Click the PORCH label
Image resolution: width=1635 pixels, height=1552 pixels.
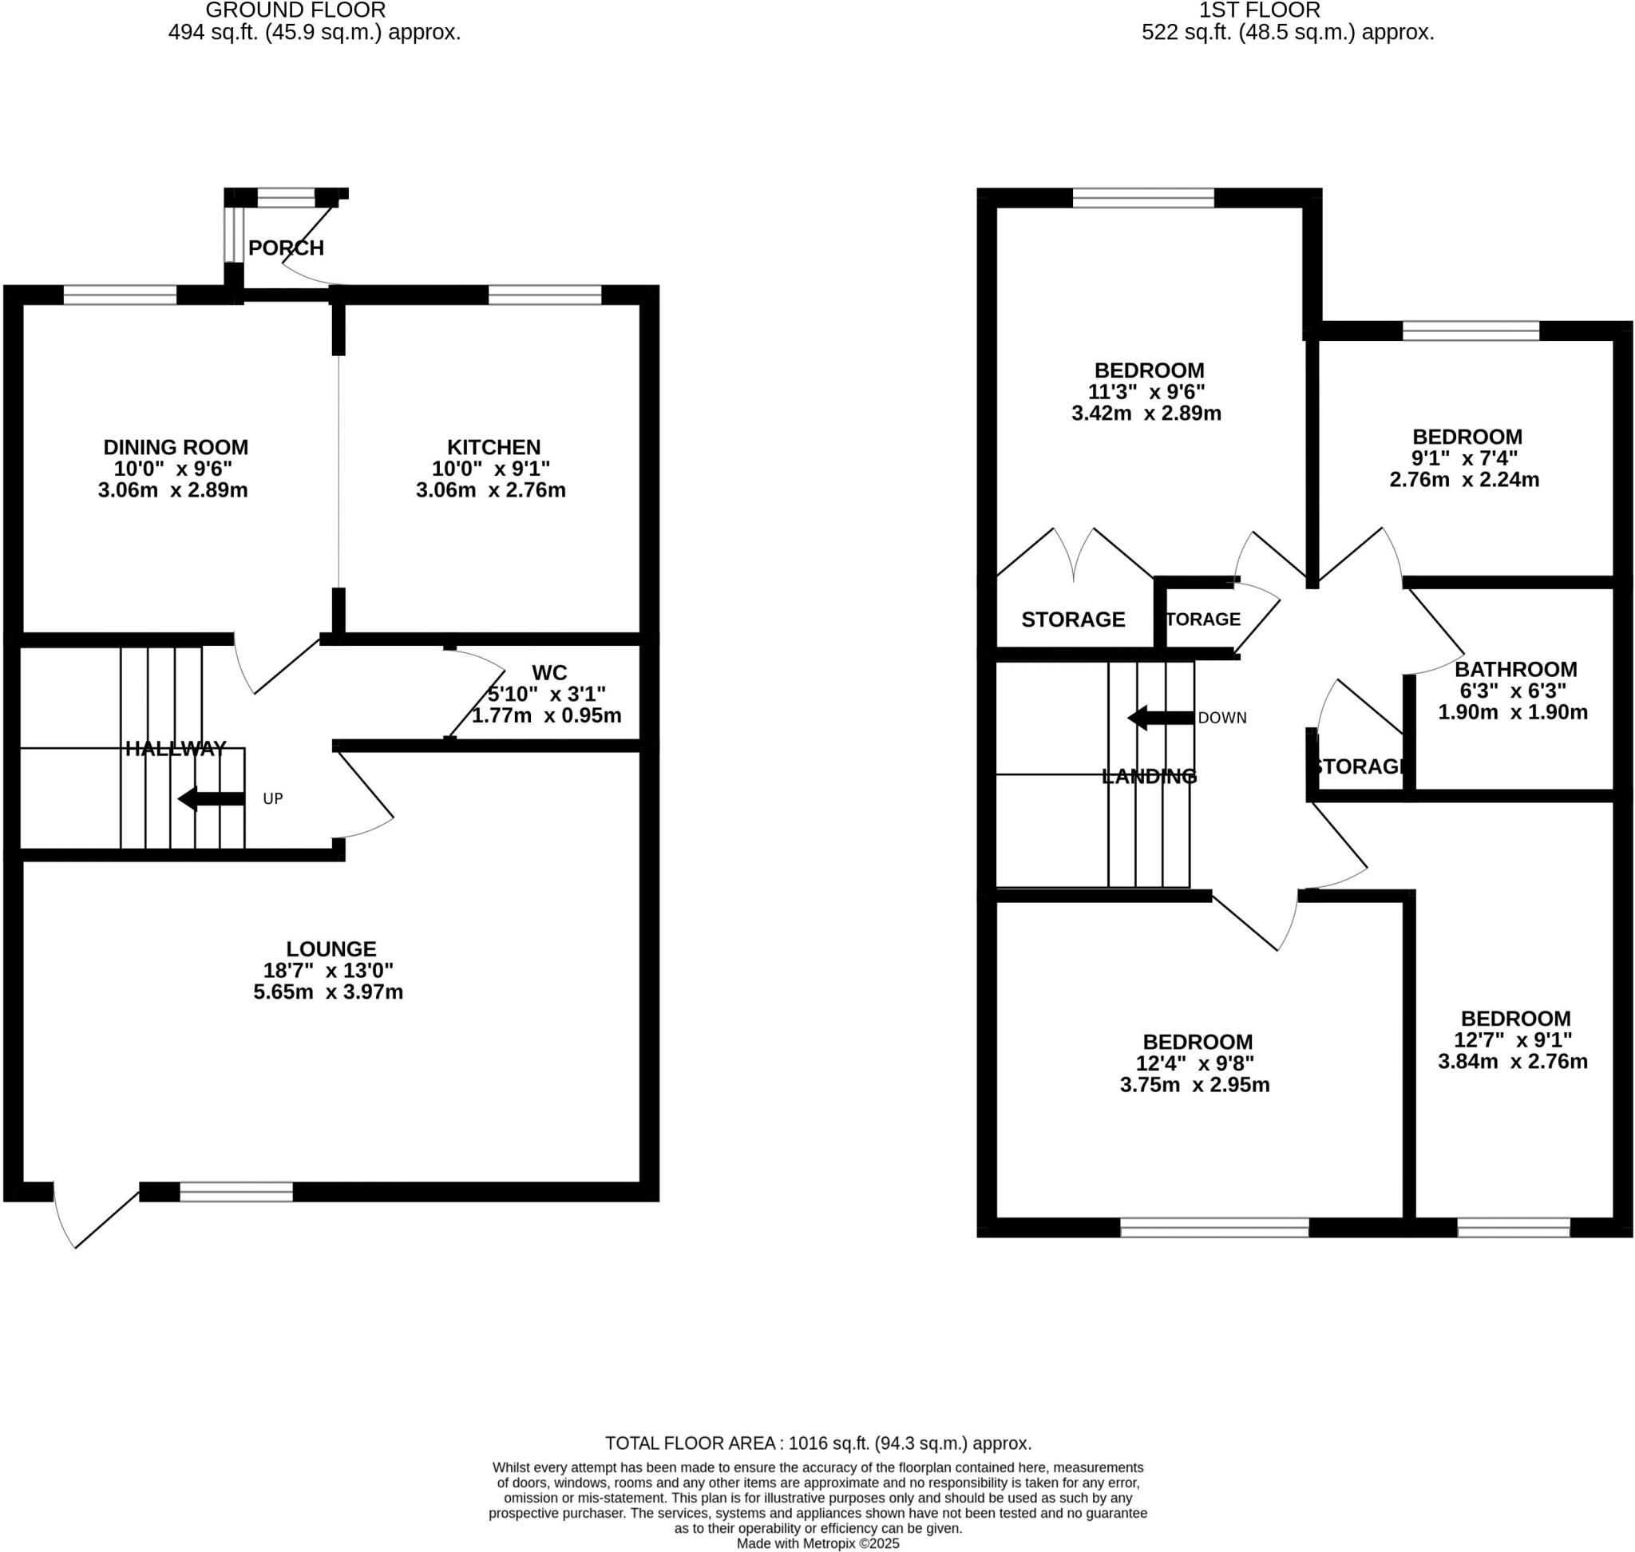[286, 247]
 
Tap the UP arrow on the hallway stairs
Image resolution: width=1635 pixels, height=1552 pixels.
[211, 798]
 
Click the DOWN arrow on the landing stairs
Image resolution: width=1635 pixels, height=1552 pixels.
[1161, 717]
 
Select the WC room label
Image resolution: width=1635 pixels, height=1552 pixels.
[549, 672]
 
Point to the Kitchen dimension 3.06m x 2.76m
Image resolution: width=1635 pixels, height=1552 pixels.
[491, 489]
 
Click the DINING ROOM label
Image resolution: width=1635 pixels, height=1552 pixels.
[176, 448]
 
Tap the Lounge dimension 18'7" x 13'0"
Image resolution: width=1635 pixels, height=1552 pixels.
[328, 969]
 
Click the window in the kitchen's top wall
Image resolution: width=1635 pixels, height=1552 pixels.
[544, 295]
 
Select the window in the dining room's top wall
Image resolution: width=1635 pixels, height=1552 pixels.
[120, 295]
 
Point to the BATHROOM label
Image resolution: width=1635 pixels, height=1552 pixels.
[1515, 669]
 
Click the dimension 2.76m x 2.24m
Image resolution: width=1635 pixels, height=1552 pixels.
[1463, 480]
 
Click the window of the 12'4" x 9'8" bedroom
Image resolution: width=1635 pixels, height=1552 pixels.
[1213, 1227]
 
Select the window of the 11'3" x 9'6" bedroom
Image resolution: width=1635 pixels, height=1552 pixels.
[1142, 197]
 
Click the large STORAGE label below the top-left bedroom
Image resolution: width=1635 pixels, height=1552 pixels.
[1072, 620]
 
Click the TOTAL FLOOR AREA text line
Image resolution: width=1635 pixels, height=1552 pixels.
[817, 1443]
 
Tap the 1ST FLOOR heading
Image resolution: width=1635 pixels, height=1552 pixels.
[1259, 10]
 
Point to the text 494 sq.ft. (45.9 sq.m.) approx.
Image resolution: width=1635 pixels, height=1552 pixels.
[314, 33]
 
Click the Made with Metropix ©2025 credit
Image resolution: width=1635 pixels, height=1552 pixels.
[817, 1544]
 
